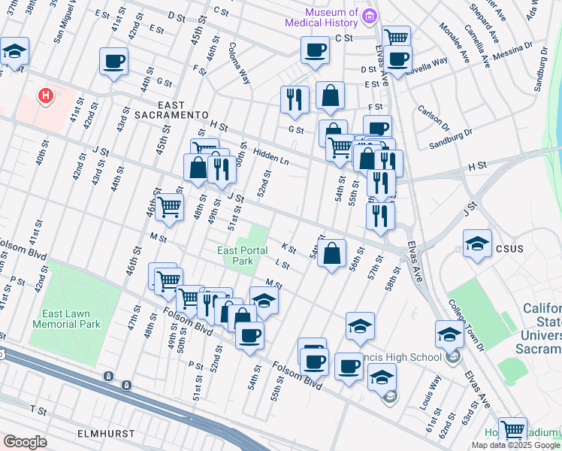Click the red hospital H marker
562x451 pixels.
tap(46, 96)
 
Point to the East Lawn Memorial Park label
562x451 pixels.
tap(67, 319)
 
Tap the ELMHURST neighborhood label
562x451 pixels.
tap(105, 434)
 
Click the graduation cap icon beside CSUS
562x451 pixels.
tap(476, 244)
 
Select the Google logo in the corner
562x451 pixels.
tap(25, 442)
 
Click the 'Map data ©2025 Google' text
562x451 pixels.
tap(515, 445)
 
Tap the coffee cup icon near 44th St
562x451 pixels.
tap(113, 62)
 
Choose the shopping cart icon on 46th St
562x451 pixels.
tap(170, 206)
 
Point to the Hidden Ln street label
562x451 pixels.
tap(270, 155)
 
